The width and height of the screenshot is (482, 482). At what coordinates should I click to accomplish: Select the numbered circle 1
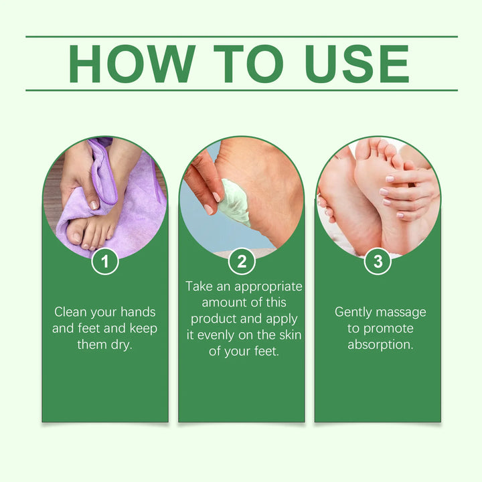(x=105, y=261)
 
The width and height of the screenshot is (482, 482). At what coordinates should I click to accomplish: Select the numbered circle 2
(x=241, y=261)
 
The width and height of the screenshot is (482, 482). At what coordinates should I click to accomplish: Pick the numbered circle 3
(x=378, y=261)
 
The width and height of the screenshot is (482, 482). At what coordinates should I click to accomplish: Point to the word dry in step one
(x=121, y=345)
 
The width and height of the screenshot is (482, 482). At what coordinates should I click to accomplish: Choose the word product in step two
(x=210, y=319)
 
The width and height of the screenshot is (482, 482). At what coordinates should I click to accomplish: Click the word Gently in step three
(x=355, y=312)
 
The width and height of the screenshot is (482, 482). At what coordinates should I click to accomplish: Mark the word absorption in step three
(x=380, y=345)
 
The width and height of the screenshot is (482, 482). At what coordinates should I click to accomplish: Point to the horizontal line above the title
(x=241, y=36)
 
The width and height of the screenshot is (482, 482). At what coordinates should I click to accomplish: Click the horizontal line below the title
(x=241, y=90)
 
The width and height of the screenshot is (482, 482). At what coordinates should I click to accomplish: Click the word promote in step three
(x=388, y=329)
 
